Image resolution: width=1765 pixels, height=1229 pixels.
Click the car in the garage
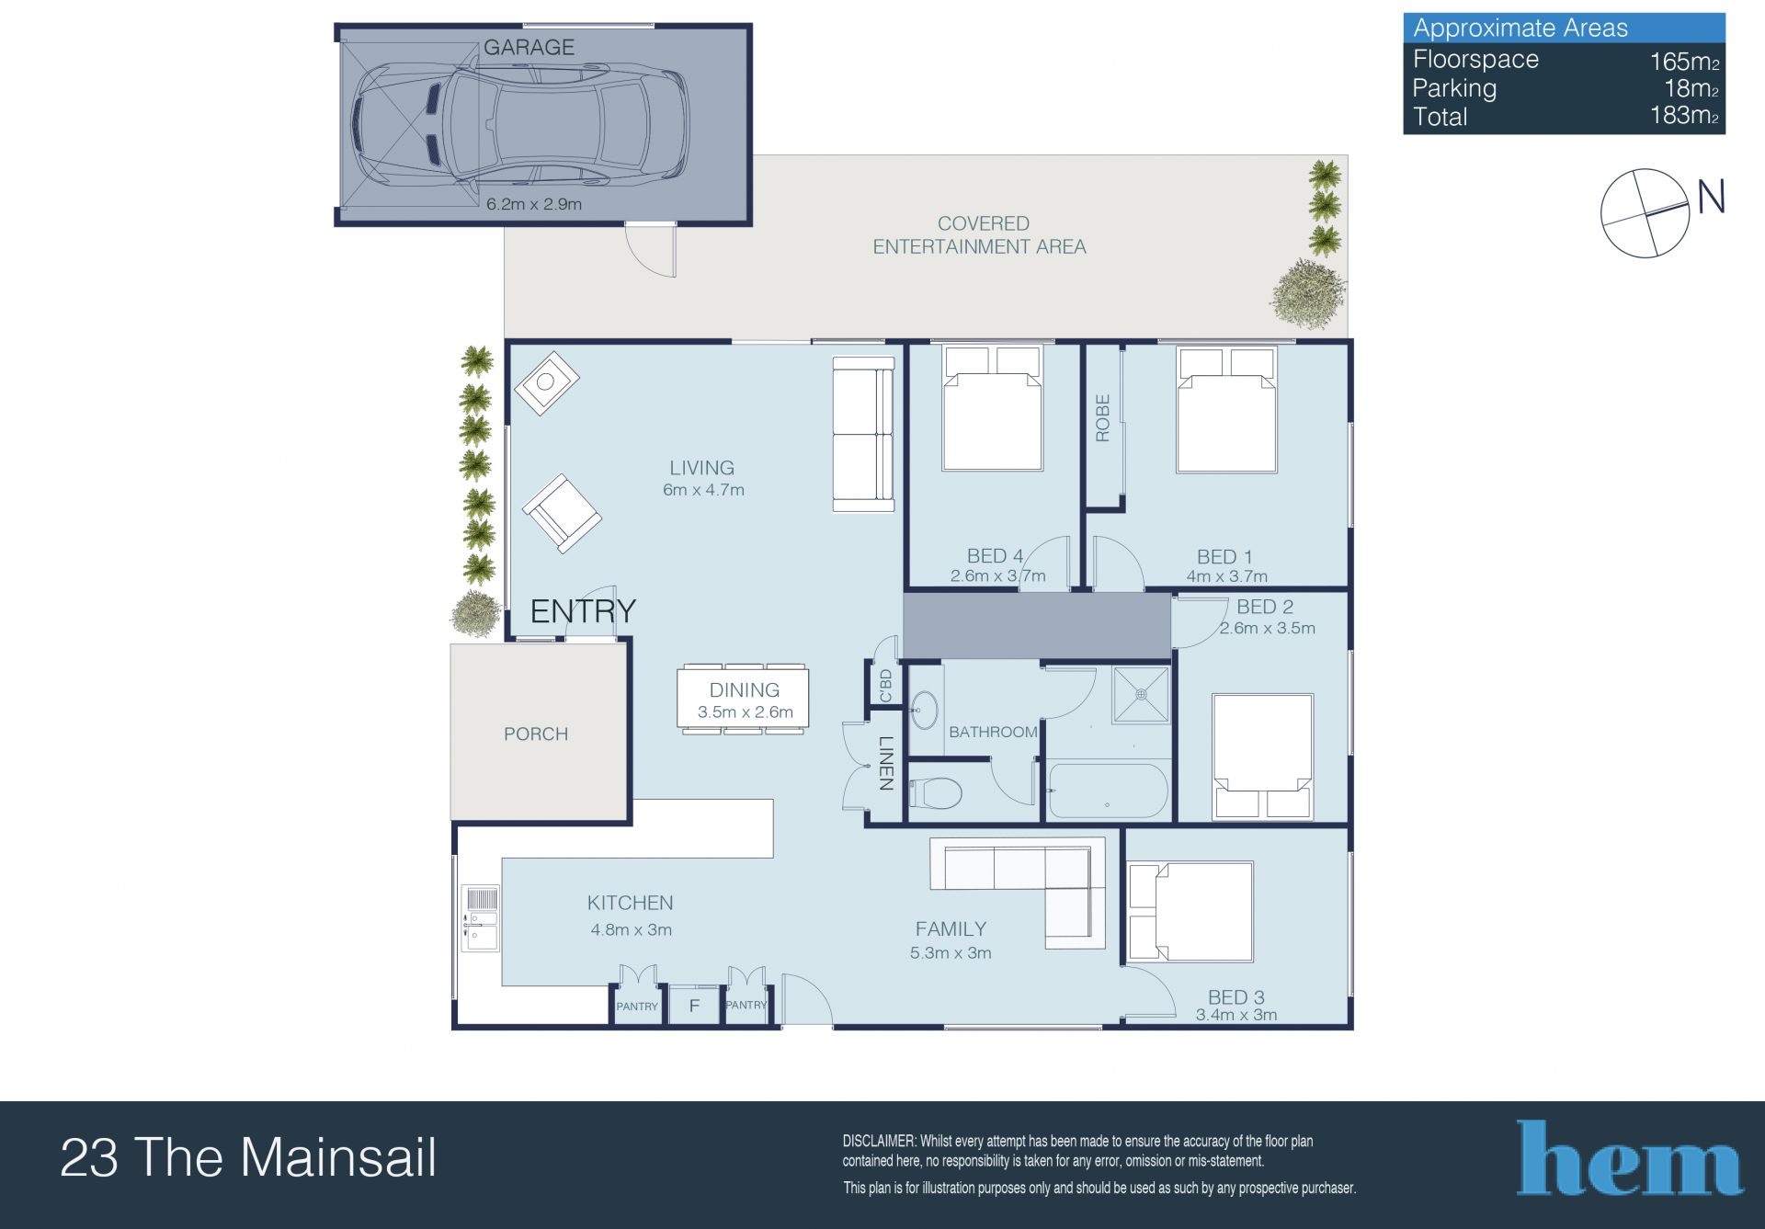[x=519, y=121]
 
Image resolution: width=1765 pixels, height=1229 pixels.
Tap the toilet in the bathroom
[x=936, y=792]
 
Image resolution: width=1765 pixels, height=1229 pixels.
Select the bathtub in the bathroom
[x=1108, y=791]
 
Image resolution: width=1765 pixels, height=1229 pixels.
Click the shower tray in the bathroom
[x=1141, y=695]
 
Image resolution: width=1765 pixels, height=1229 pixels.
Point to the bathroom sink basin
[x=925, y=709]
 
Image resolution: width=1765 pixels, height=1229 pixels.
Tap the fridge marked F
[x=694, y=1005]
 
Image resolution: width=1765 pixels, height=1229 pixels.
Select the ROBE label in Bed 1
[x=1103, y=418]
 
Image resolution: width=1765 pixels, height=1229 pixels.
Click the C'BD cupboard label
[x=885, y=685]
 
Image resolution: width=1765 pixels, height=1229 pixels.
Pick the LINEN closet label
[x=886, y=763]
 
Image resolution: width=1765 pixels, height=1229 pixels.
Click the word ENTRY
[x=583, y=611]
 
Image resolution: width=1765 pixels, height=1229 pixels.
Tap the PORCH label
[x=536, y=734]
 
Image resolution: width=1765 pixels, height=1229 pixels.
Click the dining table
[x=743, y=699]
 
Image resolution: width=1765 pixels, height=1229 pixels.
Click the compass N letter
[x=1711, y=198]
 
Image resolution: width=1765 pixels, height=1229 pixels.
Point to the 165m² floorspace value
[x=1684, y=61]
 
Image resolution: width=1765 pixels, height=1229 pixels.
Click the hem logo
[x=1629, y=1157]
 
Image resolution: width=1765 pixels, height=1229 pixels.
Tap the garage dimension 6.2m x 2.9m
[x=534, y=204]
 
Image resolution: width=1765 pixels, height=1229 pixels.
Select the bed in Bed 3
[x=1190, y=911]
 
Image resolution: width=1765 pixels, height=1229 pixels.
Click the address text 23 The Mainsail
[x=248, y=1157]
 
